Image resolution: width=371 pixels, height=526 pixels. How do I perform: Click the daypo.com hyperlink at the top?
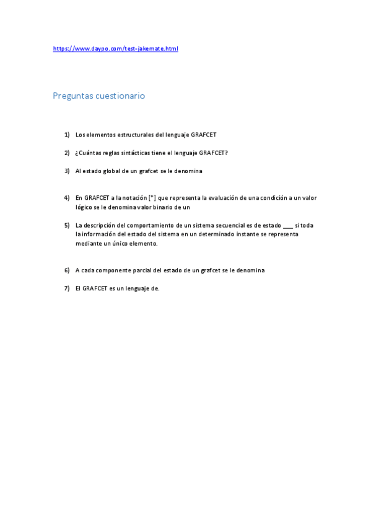(115, 48)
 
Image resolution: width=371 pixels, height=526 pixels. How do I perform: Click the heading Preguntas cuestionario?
(98, 96)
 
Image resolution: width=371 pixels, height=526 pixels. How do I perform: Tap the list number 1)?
(67, 135)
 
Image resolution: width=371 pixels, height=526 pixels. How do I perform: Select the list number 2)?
(67, 153)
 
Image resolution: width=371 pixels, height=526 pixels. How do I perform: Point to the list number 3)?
(67, 171)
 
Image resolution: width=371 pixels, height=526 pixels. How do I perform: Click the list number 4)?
(67, 198)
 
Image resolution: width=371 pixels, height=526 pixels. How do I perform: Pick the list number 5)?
(67, 225)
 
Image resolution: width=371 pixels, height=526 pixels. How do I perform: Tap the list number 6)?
(67, 270)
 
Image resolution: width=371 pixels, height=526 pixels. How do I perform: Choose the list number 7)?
(67, 288)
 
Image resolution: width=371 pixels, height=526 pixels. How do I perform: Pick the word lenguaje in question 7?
(135, 288)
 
